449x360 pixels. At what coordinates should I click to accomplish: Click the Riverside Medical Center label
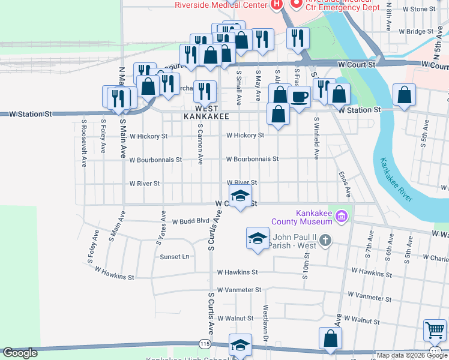coord(220,5)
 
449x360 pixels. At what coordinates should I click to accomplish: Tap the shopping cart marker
coord(435,329)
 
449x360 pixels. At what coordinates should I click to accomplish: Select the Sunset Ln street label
coord(174,257)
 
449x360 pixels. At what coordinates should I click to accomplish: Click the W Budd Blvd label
coord(190,221)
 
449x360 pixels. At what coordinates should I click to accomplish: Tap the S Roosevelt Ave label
coord(84,142)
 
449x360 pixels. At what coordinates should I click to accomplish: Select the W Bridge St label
coord(411,31)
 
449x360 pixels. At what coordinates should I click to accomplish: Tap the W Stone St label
coord(419,9)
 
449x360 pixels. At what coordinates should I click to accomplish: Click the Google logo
coord(20,353)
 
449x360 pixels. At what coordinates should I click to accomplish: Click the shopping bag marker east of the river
coord(404,94)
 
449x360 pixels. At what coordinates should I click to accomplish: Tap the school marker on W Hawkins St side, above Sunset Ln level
coord(258,238)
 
